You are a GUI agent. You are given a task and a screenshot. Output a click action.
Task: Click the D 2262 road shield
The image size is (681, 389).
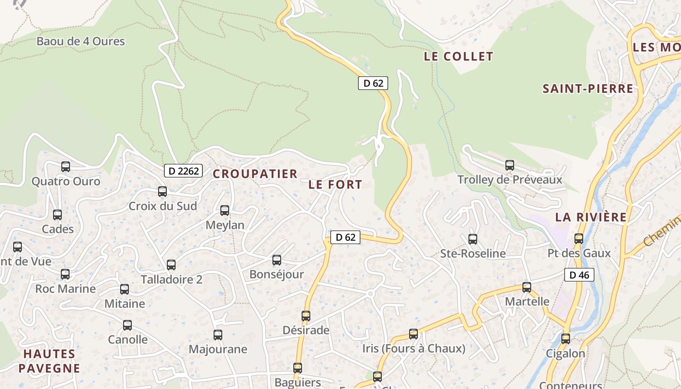tap(183, 171)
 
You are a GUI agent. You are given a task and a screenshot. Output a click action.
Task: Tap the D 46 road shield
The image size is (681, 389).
tap(579, 275)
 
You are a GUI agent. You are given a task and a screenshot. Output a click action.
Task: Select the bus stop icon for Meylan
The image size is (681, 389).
tap(225, 211)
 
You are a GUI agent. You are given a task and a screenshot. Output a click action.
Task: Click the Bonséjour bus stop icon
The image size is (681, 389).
tap(277, 260)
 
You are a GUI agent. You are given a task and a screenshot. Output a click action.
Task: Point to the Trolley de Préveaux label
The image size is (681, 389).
tap(510, 180)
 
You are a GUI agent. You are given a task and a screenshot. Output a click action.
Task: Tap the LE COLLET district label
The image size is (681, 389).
tap(458, 56)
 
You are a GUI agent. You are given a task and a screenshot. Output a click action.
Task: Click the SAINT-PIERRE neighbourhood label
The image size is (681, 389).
tap(588, 89)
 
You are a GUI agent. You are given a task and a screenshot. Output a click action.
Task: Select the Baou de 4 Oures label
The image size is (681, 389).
tap(81, 41)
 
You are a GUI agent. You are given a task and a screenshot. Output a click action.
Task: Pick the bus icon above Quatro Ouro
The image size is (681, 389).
tap(66, 167)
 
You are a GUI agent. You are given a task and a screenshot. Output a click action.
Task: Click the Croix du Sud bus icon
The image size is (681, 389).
tap(162, 192)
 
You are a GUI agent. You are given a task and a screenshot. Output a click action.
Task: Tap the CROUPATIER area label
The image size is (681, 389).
tap(255, 174)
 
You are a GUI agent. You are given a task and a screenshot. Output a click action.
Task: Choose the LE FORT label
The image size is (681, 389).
tap(335, 185)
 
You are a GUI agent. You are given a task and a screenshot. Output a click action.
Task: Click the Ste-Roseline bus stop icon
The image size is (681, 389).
tap(473, 239)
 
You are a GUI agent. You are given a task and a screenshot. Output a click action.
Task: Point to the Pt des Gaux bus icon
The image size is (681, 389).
tap(579, 239)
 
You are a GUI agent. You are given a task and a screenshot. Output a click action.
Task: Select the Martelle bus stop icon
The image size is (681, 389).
tap(527, 287)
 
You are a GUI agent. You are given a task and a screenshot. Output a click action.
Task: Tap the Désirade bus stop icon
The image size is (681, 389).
tap(306, 316)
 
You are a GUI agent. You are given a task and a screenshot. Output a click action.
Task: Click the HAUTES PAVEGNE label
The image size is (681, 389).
tap(49, 361)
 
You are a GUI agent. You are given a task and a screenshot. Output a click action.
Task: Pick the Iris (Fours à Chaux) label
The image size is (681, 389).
tap(413, 349)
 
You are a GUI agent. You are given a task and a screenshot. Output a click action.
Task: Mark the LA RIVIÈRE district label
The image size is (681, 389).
tap(591, 217)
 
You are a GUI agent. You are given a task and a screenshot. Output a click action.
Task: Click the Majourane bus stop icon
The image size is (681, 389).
tap(218, 335)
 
